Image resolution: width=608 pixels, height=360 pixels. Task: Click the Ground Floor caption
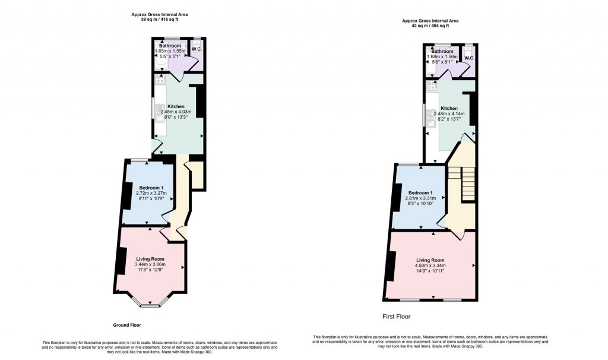(126, 325)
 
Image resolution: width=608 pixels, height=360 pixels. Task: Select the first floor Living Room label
(430, 260)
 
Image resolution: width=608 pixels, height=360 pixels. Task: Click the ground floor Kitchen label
(176, 106)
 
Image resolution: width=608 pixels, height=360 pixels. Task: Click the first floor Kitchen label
(449, 109)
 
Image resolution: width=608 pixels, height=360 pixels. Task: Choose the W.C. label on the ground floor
(197, 49)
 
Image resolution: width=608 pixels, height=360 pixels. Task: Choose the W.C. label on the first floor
(468, 58)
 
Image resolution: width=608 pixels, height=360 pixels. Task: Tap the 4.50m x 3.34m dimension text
(430, 266)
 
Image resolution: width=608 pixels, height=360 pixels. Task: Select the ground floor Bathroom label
(170, 46)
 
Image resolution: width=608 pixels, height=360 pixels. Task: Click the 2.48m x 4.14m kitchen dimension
(449, 113)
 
